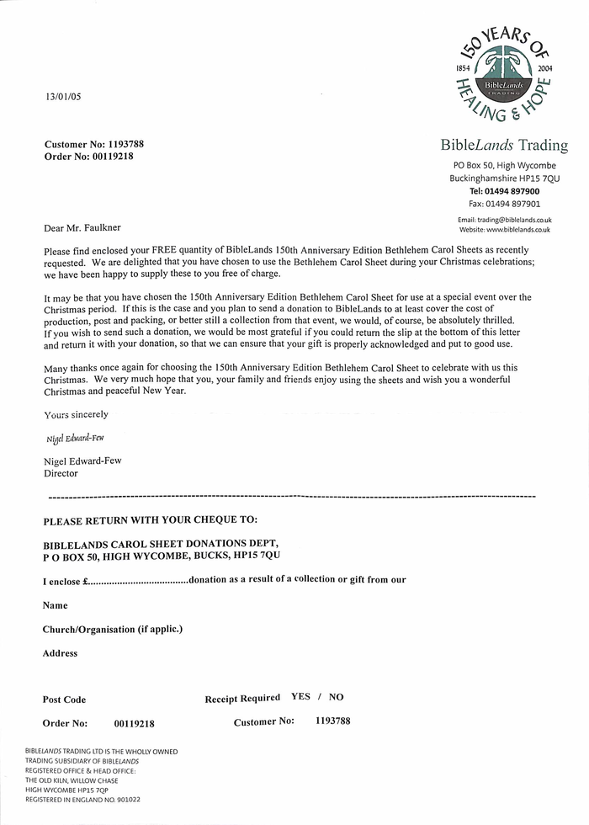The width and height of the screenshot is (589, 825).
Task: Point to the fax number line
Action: [x=504, y=204]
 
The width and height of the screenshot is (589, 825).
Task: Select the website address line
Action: [x=505, y=229]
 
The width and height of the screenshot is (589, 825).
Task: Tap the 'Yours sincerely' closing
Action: [x=76, y=414]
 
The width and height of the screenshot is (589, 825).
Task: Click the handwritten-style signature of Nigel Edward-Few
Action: [x=75, y=439]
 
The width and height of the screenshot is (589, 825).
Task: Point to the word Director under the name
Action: [x=61, y=474]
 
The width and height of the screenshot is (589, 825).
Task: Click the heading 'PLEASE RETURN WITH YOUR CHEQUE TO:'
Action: [x=150, y=520]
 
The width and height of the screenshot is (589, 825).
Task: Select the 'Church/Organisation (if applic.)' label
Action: [x=113, y=629]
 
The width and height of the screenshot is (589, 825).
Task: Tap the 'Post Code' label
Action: [x=64, y=700]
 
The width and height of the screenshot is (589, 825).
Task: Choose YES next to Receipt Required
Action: [x=300, y=697]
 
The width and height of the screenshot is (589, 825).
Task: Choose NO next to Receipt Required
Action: [x=336, y=697]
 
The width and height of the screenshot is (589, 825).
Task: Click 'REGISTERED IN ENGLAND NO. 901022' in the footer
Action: [x=82, y=799]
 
